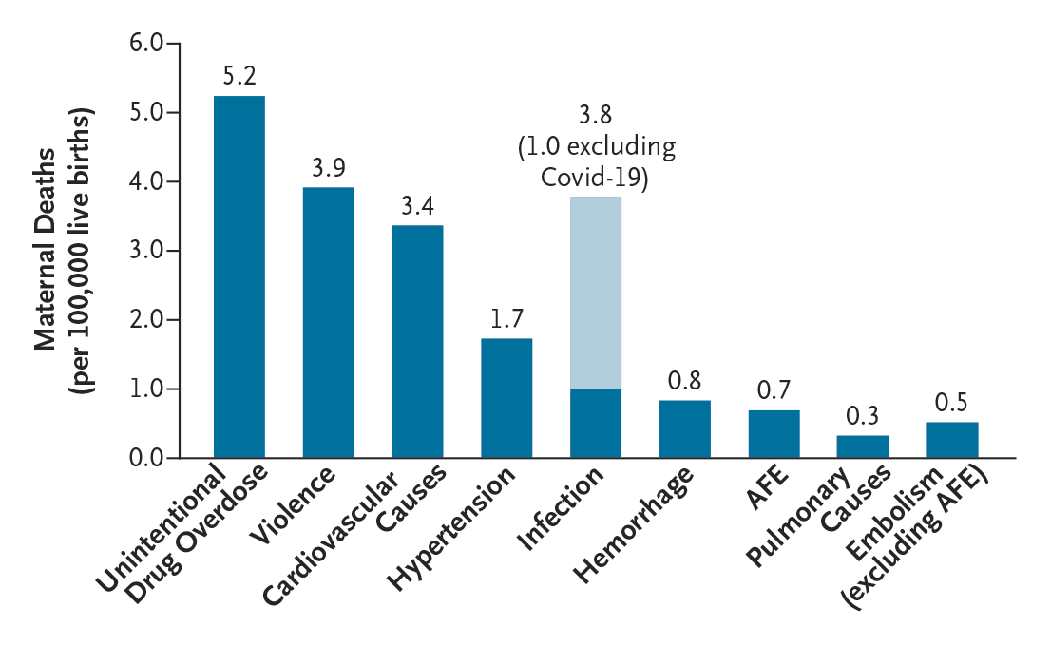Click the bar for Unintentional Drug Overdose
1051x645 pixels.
[239, 277]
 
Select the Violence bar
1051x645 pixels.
[328, 323]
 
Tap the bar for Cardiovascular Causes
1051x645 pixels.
[417, 342]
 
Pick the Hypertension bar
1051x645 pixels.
[506, 399]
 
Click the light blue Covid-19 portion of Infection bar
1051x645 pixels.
[596, 293]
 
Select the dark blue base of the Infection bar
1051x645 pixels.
[596, 424]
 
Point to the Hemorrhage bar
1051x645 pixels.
[684, 429]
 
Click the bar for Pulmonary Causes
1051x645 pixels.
[863, 446]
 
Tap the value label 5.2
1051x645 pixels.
[239, 76]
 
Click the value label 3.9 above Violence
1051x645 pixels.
[328, 167]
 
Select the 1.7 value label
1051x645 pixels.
[506, 319]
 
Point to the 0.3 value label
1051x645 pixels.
[863, 416]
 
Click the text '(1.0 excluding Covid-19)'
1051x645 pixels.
[596, 163]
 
